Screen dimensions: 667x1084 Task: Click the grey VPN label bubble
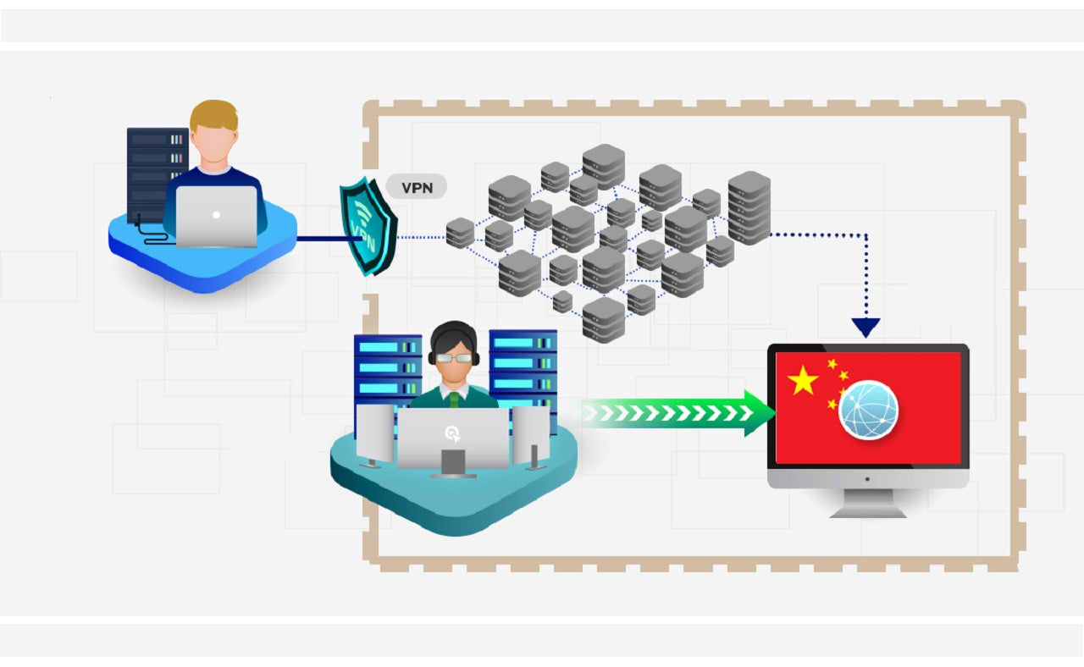pos(416,187)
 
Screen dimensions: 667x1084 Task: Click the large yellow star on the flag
pos(802,381)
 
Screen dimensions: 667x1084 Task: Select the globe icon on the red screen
pos(868,410)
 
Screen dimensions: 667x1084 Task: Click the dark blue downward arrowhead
pos(866,328)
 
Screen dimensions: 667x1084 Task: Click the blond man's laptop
pos(216,216)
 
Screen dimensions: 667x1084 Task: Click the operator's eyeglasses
pos(454,358)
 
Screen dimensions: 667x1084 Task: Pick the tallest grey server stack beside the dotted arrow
pos(749,207)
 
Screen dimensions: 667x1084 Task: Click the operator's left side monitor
pos(375,433)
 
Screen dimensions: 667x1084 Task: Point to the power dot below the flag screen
pos(867,478)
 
